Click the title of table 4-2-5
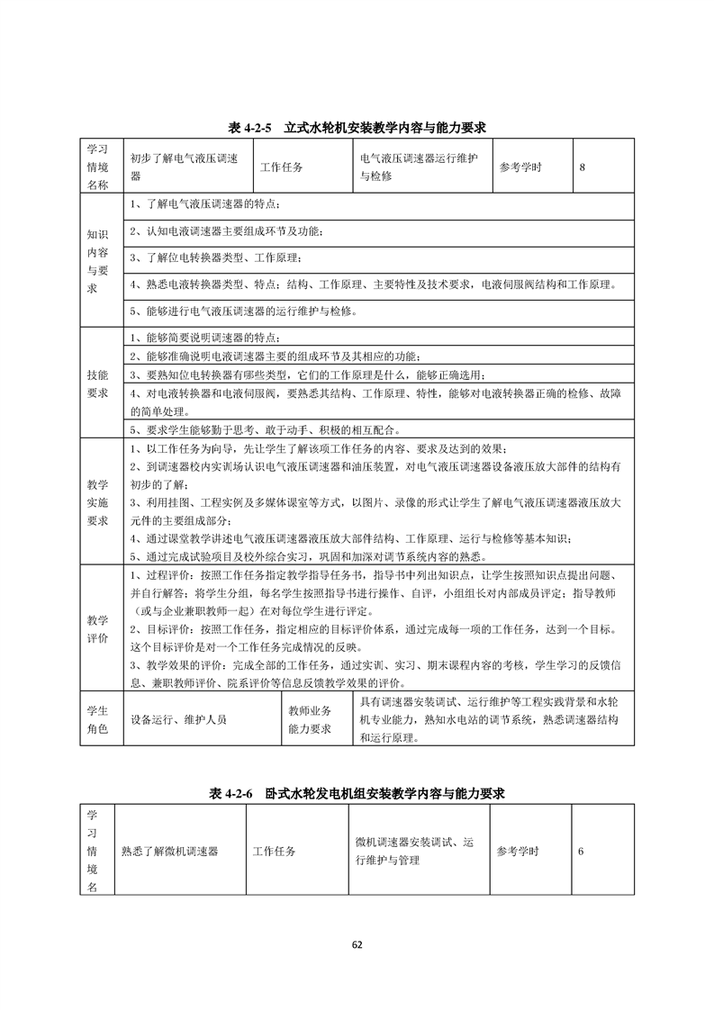point(357,128)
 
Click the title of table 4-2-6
point(357,793)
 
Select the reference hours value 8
point(583,167)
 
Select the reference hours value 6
point(582,851)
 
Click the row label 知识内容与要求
point(96,261)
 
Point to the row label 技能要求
point(96,383)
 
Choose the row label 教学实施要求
point(96,501)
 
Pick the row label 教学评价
point(96,628)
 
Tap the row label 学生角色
point(96,719)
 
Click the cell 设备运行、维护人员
point(179,719)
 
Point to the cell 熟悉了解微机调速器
point(170,851)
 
